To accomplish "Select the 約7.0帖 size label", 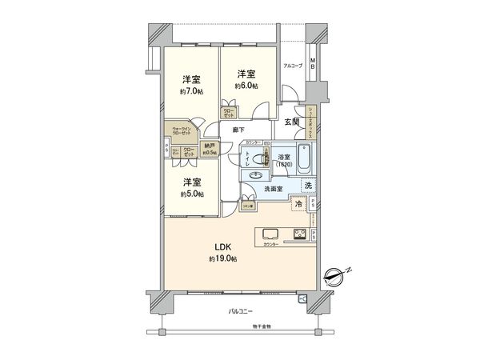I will click(x=190, y=92).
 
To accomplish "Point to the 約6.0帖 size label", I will click(x=246, y=85).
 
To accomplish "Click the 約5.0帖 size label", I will click(x=190, y=194).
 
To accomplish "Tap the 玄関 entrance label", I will click(x=291, y=122).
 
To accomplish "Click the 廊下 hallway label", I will click(x=238, y=130).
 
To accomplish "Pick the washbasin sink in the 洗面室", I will click(x=256, y=175).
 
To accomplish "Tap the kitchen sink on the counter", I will click(x=268, y=234).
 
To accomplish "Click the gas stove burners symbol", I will click(x=299, y=234).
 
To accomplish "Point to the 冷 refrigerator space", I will click(x=298, y=205).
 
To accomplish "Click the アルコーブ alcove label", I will click(x=292, y=66).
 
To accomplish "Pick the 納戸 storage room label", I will click(x=210, y=146).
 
